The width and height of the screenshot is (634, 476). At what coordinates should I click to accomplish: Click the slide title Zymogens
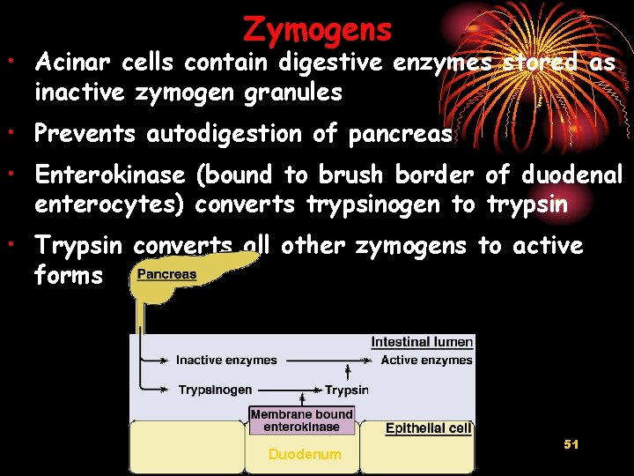[317, 29]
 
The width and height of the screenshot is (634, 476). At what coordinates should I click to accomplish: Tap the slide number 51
[571, 445]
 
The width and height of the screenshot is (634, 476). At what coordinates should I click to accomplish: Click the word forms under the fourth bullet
[69, 276]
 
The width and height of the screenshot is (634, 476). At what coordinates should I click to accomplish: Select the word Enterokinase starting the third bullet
[110, 175]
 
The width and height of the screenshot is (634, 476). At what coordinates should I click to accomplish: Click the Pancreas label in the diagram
[167, 274]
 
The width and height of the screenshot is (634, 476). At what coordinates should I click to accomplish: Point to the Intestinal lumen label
[422, 342]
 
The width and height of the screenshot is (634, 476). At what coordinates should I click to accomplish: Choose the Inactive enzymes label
[226, 360]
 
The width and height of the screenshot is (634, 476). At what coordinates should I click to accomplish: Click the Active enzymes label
[426, 360]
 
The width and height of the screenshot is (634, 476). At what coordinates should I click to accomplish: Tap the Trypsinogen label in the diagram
[215, 390]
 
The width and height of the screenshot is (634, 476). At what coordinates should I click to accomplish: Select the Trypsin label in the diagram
[346, 390]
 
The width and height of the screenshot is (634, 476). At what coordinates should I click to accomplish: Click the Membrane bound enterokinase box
[301, 420]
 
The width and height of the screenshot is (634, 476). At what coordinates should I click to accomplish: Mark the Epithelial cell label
[428, 428]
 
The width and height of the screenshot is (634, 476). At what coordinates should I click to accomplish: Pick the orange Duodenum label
[305, 455]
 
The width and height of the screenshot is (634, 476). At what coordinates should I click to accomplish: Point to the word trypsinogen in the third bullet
[374, 205]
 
